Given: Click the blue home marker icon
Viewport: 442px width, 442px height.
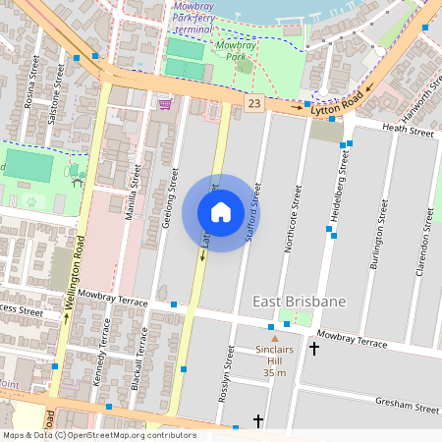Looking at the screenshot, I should (221, 212).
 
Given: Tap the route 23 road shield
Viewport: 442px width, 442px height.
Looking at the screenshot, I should (254, 103).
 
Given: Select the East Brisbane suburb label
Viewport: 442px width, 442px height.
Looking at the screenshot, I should (300, 302).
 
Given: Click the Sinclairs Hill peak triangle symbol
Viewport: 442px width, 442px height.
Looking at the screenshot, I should (275, 339).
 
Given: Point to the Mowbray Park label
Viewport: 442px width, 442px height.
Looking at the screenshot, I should (236, 51).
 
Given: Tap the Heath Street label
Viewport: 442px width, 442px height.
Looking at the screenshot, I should (408, 131).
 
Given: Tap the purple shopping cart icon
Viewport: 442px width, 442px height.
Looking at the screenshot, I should (165, 103).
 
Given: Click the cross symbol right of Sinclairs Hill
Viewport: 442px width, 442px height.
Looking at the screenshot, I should (314, 348).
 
